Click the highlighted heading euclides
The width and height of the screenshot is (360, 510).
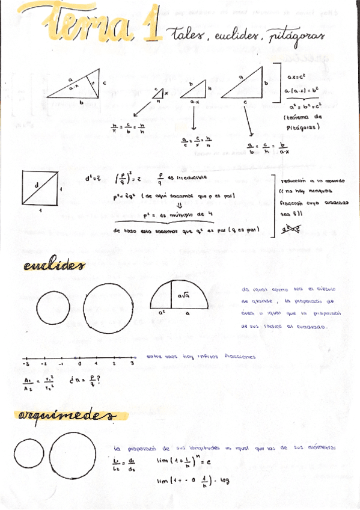[x=54, y=265]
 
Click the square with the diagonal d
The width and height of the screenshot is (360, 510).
[x=40, y=188]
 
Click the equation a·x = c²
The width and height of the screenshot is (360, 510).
[x=298, y=77]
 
